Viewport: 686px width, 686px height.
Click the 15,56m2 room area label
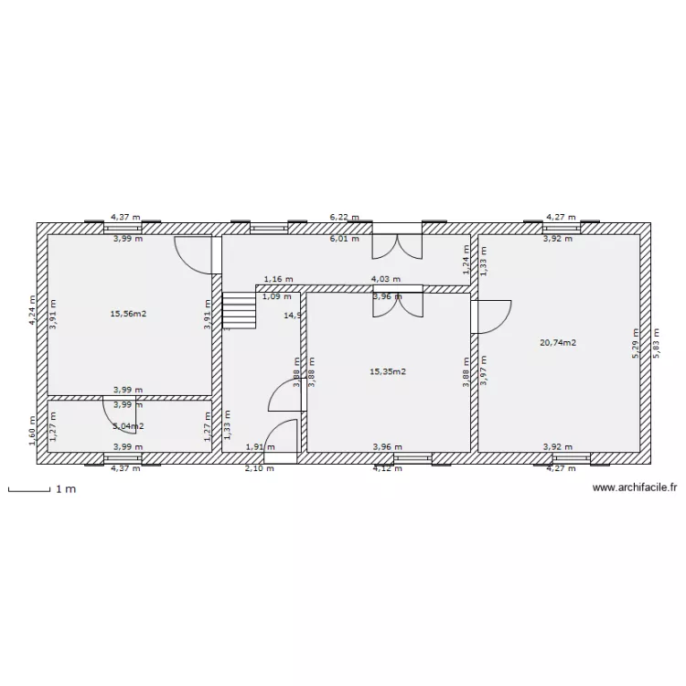click(128, 314)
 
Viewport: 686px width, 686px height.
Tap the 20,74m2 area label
click(558, 343)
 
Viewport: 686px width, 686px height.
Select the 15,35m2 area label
click(387, 372)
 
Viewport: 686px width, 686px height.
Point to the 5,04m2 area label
click(128, 426)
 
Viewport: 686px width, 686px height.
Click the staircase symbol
click(240, 311)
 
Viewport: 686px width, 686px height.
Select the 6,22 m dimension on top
click(345, 218)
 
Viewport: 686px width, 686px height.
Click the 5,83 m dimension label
click(655, 345)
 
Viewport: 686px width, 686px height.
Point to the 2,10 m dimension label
click(259, 469)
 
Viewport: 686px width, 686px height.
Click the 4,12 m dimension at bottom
click(387, 469)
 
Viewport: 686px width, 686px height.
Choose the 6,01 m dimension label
click(345, 239)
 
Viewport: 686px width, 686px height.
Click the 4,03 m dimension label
click(385, 279)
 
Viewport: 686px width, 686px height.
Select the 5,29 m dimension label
click(635, 345)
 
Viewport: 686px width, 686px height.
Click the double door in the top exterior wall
click(397, 245)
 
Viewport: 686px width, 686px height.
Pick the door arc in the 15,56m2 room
click(195, 253)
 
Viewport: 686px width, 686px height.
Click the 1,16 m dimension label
click(278, 279)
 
